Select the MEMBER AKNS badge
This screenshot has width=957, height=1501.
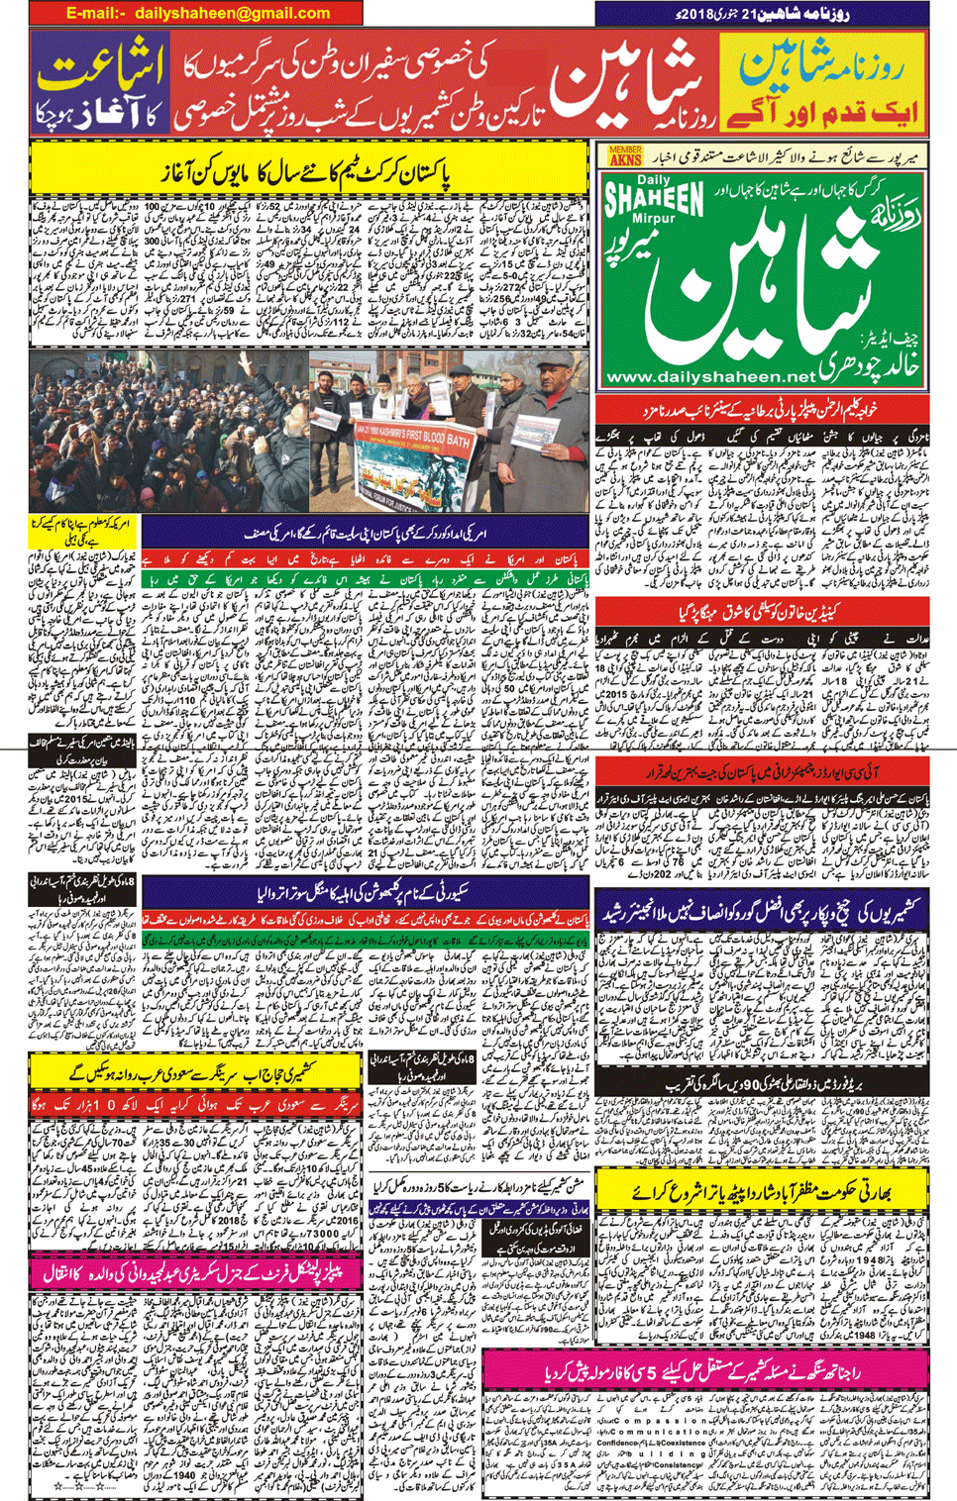coord(625,155)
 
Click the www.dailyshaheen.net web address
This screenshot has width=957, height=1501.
coord(710,377)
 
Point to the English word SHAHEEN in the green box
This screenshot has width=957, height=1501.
coord(654,199)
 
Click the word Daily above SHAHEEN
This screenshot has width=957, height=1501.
coord(653,180)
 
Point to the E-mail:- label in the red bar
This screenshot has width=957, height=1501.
coord(96,14)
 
